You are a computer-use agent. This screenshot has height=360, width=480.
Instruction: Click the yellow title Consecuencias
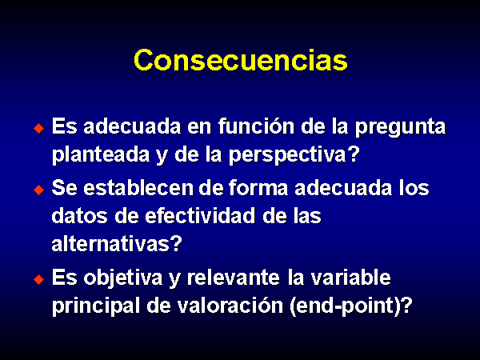241,60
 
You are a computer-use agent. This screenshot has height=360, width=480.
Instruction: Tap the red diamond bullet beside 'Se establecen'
39,190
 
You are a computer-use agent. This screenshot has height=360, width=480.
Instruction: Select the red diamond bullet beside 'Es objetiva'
39,279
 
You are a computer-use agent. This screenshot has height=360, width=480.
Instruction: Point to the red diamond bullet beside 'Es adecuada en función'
39,128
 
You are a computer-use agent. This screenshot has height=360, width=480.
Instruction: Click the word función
256,126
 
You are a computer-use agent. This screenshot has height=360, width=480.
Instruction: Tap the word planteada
101,154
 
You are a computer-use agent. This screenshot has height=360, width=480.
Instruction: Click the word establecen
138,187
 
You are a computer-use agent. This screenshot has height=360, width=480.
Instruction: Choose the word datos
79,216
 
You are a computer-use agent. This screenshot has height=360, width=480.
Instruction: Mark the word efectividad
200,215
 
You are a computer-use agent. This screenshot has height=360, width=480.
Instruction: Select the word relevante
234,278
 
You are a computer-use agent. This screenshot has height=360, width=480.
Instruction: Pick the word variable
350,278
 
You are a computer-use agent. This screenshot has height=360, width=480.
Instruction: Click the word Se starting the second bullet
64,187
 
